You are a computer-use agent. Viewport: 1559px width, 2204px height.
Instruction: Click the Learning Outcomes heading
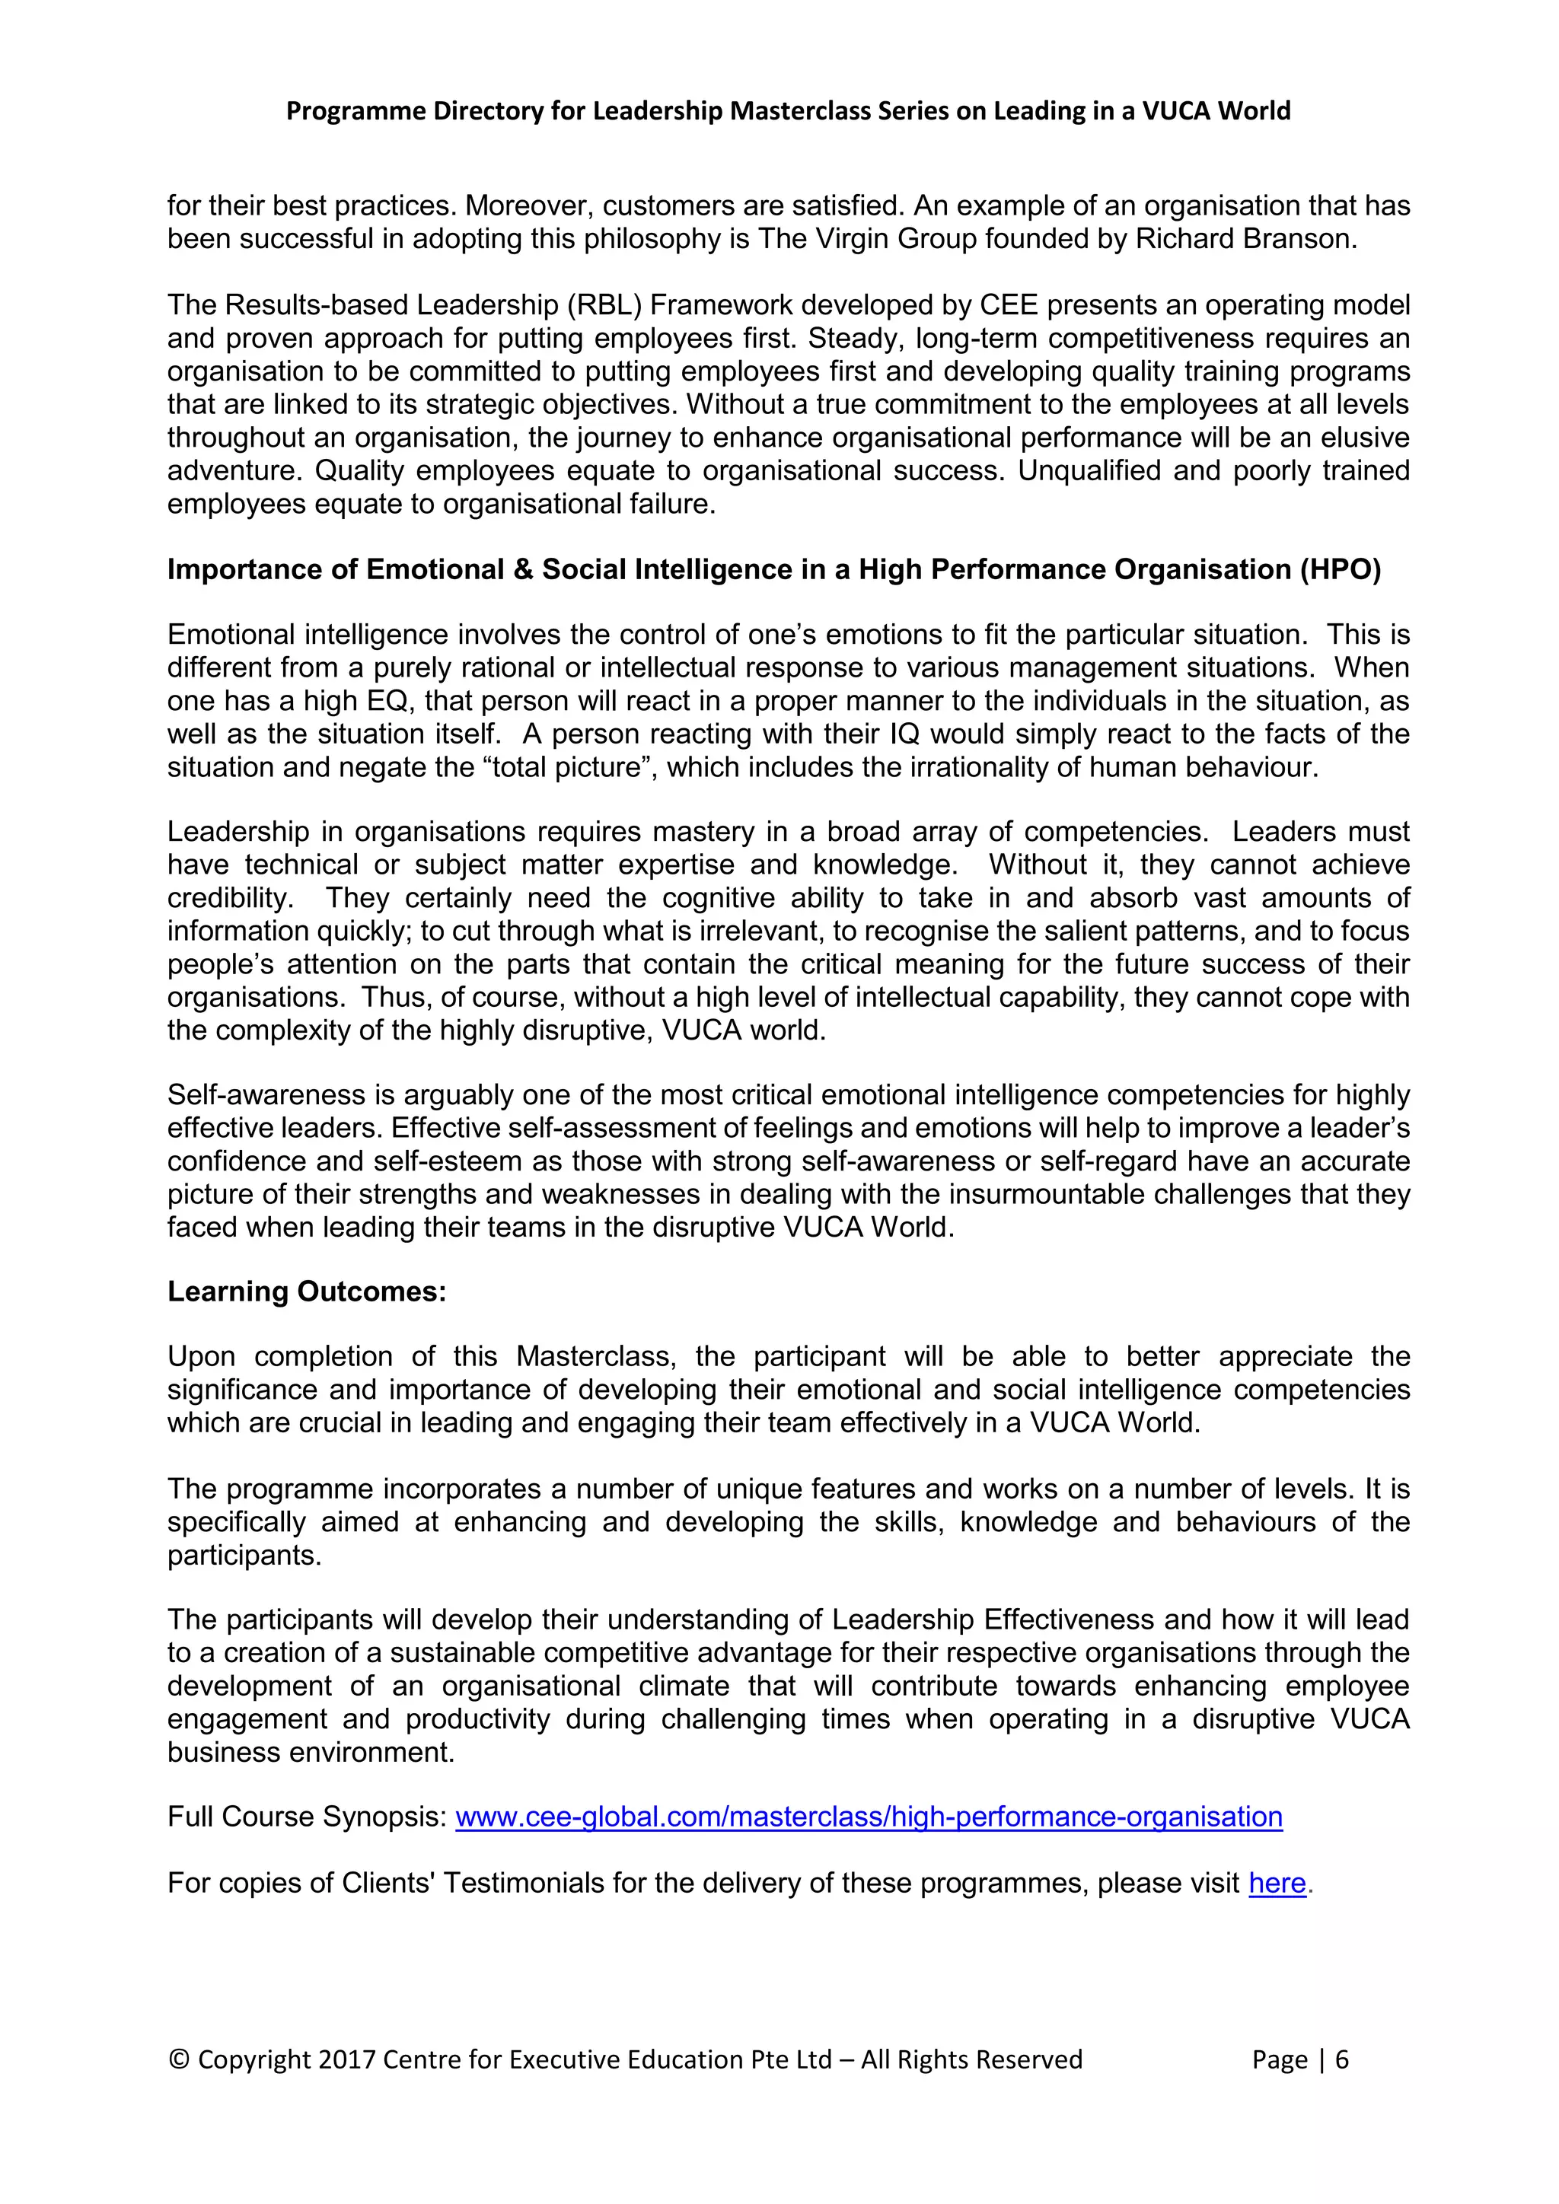click(308, 1291)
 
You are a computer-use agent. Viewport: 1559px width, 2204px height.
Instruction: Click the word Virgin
click(852, 239)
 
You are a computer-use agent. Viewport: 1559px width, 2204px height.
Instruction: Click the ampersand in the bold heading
click(522, 569)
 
